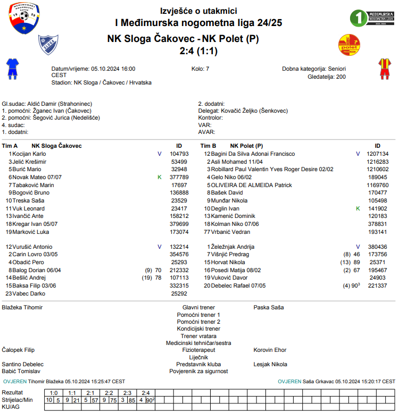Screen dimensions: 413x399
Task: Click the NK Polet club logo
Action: click(350, 45)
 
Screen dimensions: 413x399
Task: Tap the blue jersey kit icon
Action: click(12, 69)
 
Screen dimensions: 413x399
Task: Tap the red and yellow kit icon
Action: click(384, 69)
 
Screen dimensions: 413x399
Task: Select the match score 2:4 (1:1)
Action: click(199, 51)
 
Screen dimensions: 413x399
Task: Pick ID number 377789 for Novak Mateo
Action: click(179, 177)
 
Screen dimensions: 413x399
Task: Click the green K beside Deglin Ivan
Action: click(358, 209)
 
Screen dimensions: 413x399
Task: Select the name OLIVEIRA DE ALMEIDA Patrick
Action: click(251, 185)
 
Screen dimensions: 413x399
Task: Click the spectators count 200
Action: click(340, 77)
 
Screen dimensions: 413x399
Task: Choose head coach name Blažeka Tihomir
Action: click(22, 307)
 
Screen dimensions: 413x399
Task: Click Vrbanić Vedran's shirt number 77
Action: click(207, 232)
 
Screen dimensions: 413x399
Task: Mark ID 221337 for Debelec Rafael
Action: click(377, 285)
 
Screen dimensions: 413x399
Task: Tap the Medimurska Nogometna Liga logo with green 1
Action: click(372, 18)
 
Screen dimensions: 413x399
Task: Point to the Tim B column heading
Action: click(208, 146)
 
